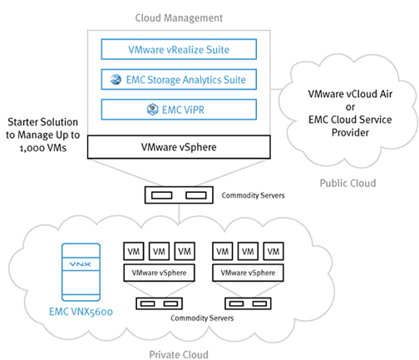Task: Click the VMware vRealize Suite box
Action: coord(179,49)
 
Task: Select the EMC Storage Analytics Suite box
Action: coord(179,80)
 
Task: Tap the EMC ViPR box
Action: coord(179,110)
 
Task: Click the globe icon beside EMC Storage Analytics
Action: coord(116,80)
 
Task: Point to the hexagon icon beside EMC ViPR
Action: coord(152,110)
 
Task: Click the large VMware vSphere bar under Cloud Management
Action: coord(179,147)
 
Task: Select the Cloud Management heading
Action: coord(179,17)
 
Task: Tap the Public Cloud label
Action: coord(348,183)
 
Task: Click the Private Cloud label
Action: coord(179,354)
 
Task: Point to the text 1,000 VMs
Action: coord(43,148)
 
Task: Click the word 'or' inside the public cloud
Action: coord(350,107)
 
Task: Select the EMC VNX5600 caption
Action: coord(81,312)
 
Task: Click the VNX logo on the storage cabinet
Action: coord(80,264)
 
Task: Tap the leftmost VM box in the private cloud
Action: coord(134,251)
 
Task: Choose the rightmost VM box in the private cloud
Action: coord(274,251)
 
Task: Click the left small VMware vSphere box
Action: coord(159,273)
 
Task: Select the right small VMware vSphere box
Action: coord(248,273)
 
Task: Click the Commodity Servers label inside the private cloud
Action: coord(202,318)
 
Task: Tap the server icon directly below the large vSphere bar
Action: coord(179,195)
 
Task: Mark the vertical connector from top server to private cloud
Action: coord(179,214)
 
